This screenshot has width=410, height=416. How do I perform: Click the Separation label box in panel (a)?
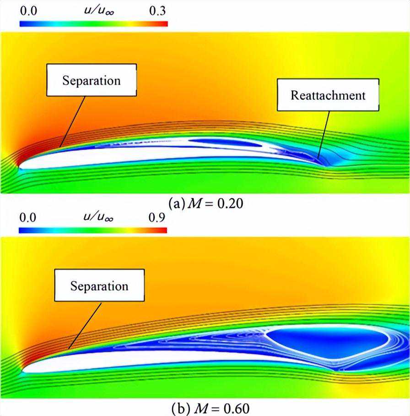pos(91,81)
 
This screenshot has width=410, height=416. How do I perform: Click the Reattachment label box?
pos(328,95)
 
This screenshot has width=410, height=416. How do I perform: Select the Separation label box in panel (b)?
pos(99,286)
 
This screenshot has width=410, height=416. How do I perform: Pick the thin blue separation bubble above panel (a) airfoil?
pos(224,142)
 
